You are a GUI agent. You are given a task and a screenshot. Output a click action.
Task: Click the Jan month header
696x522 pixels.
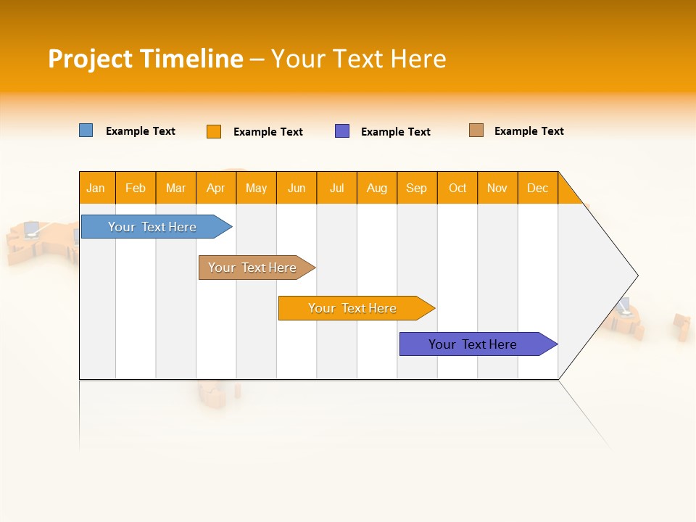point(96,188)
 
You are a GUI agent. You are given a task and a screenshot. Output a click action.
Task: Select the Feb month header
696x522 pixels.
point(136,188)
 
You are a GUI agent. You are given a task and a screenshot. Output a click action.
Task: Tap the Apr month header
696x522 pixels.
point(216,188)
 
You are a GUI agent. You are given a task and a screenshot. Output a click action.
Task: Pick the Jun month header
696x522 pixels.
point(297,188)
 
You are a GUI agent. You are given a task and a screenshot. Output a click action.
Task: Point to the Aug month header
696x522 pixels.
point(377,188)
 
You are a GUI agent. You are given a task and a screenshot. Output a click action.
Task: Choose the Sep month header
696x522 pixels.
point(417,188)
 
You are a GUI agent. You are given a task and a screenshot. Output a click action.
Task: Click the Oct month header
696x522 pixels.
point(457,188)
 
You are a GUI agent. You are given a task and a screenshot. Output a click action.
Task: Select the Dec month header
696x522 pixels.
point(538,188)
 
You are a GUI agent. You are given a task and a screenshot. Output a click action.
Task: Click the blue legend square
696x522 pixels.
point(86,130)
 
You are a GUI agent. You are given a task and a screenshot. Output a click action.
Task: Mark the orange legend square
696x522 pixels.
point(214,131)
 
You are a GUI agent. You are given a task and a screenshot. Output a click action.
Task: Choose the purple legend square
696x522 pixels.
point(342,131)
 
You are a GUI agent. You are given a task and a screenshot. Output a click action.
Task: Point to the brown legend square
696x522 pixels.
point(476,130)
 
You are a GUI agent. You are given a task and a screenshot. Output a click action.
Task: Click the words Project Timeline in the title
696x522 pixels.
point(146,59)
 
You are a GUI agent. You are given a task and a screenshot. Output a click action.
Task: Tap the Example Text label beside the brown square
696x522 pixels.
point(529,131)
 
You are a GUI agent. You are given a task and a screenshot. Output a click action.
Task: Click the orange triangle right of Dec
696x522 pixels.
point(568,194)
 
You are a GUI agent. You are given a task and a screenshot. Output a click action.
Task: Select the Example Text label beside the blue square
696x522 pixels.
point(141,131)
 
